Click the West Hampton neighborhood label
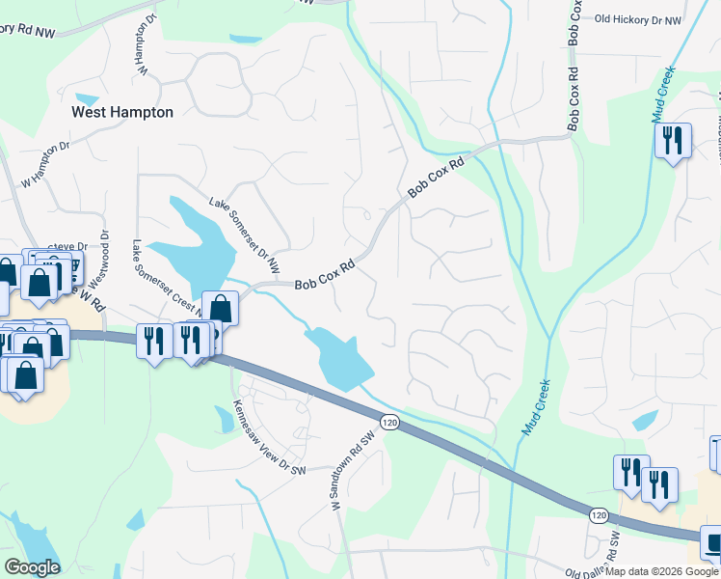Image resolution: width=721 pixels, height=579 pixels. (123, 112)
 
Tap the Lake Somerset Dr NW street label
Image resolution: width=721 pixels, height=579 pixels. (246, 234)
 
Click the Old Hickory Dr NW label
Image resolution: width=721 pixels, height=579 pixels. (637, 19)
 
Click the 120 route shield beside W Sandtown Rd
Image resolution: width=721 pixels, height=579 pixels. (388, 423)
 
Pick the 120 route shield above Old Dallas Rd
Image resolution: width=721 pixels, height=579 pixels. (598, 515)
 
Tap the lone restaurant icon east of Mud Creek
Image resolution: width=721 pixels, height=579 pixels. (672, 141)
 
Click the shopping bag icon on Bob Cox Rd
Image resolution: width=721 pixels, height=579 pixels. (221, 309)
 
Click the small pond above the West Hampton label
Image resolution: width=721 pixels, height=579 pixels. (87, 98)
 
